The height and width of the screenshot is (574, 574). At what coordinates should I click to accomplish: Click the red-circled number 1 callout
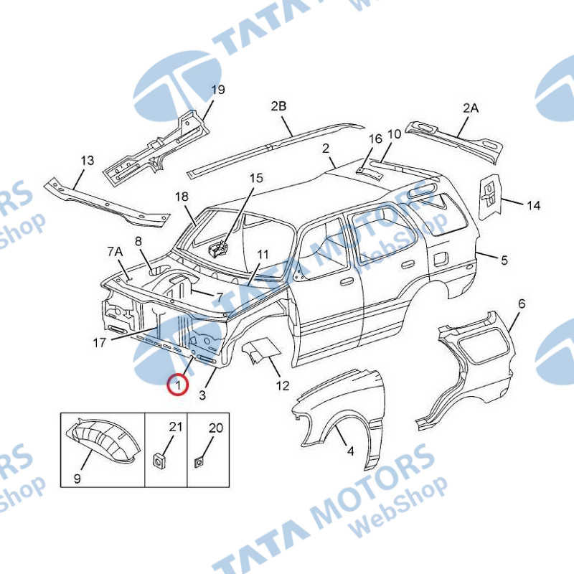click(177, 385)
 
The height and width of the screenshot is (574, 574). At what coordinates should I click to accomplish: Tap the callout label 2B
click(278, 106)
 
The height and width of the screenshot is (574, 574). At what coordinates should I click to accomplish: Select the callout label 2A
click(471, 108)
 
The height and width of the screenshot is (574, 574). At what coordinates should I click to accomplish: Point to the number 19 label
click(218, 90)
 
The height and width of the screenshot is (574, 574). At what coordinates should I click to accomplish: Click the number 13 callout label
click(87, 160)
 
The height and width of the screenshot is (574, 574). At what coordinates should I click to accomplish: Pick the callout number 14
click(533, 205)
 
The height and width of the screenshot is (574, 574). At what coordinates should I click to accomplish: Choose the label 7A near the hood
click(115, 252)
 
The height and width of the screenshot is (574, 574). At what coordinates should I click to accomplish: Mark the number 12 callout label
click(283, 385)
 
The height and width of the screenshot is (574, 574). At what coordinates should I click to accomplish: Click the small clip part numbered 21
click(159, 460)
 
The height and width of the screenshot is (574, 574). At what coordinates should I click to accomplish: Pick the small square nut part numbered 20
click(199, 462)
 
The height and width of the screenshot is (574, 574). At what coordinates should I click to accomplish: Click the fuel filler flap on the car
click(441, 258)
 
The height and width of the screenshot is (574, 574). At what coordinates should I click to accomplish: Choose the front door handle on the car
click(346, 281)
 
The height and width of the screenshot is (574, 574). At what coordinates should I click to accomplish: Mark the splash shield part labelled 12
click(261, 349)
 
